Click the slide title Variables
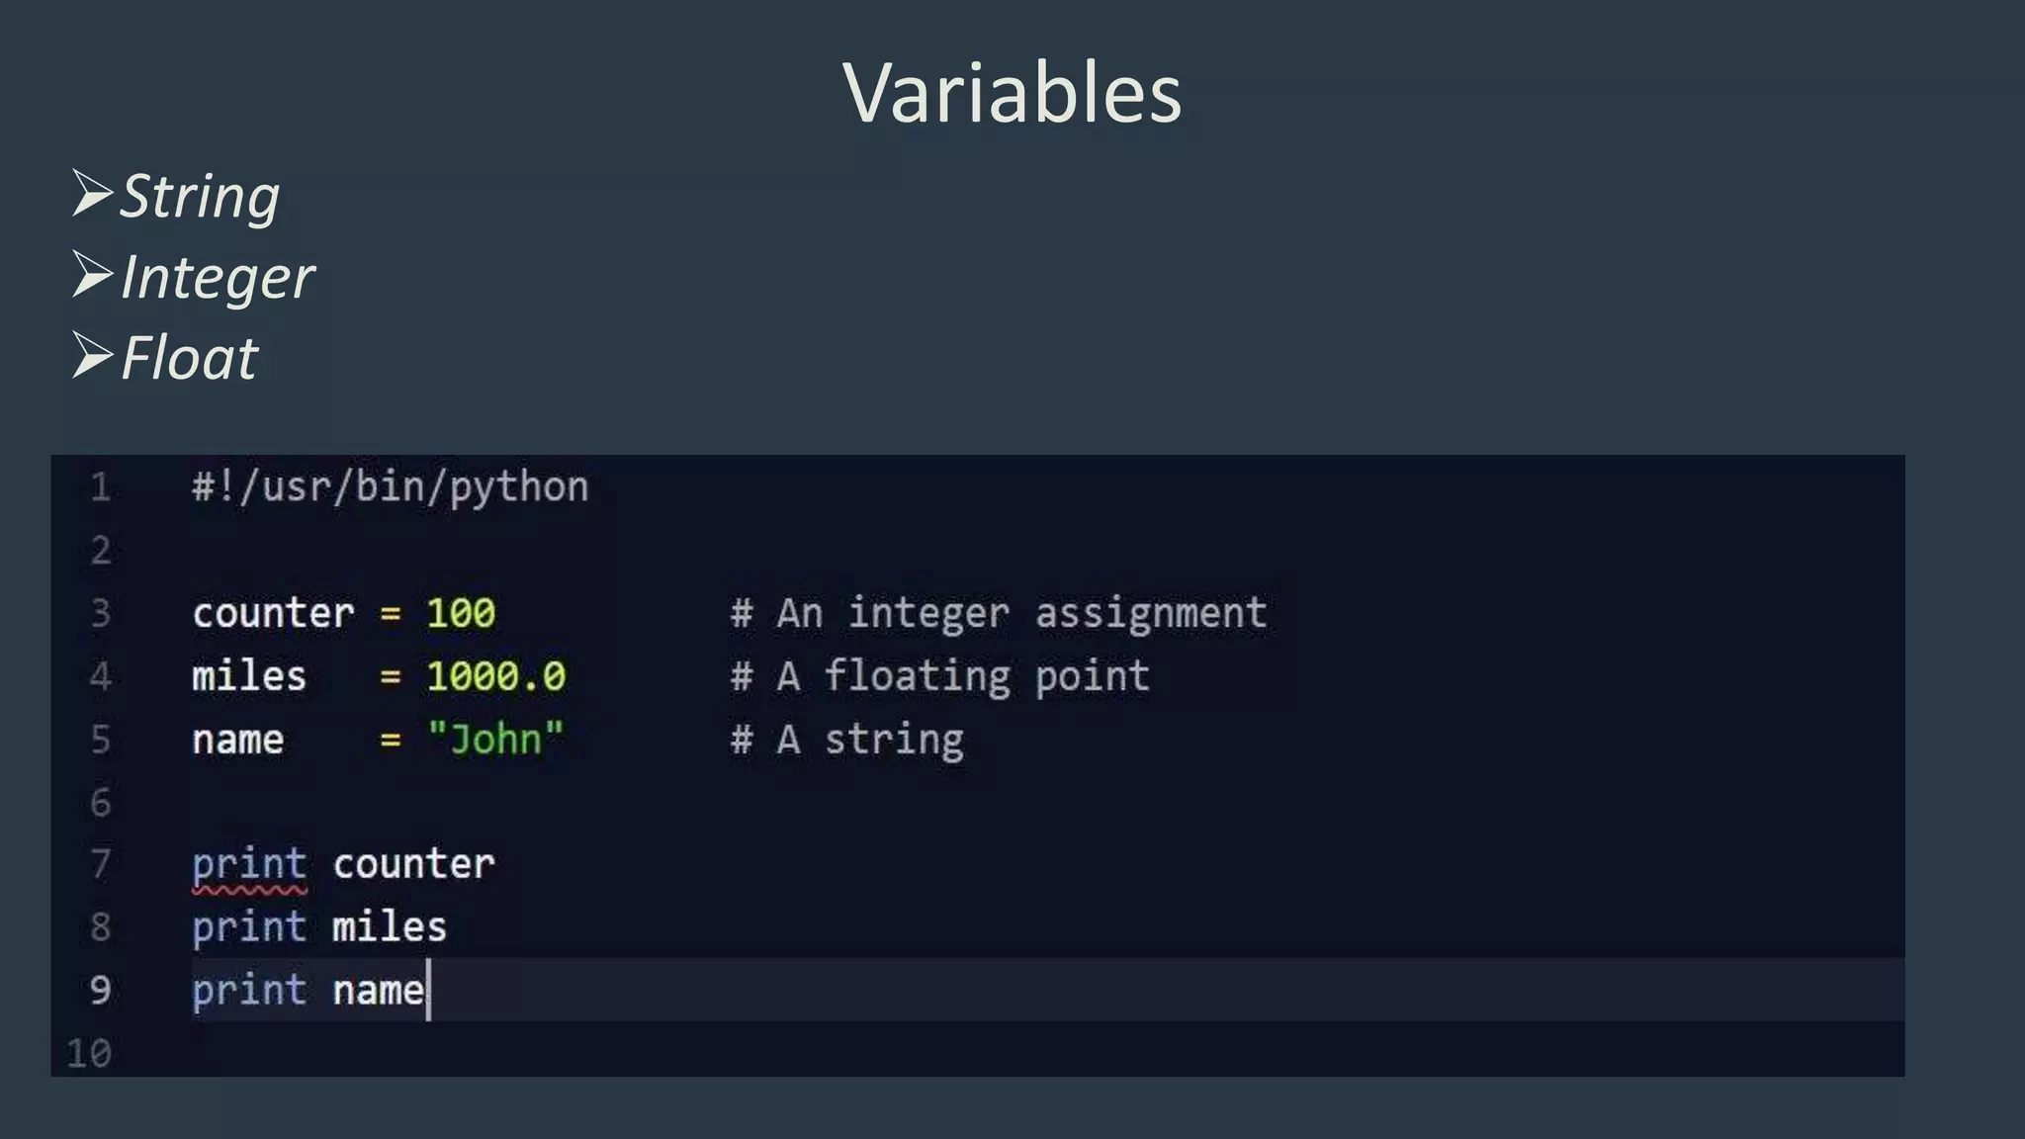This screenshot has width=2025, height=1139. click(1012, 93)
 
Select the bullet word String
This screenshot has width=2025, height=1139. click(200, 196)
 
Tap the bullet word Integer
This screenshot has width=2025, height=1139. click(218, 277)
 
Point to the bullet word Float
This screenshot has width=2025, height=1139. click(189, 358)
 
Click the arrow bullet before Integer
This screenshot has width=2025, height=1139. click(92, 275)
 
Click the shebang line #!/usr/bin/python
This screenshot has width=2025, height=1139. click(391, 487)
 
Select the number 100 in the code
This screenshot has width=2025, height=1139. click(461, 614)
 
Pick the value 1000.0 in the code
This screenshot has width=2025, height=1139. click(495, 677)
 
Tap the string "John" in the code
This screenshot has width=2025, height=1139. click(495, 740)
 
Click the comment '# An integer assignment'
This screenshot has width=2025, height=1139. click(999, 614)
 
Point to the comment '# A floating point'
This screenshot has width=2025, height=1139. click(939, 677)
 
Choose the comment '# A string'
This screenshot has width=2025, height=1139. click(847, 740)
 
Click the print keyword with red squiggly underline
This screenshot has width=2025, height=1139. click(249, 865)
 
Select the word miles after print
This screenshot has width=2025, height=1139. click(390, 928)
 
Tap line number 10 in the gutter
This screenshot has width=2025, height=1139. click(89, 1054)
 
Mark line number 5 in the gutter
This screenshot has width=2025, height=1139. click(100, 740)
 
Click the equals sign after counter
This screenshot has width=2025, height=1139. click(391, 614)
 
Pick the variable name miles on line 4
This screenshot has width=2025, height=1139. click(249, 677)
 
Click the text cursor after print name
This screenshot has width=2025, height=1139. click(428, 990)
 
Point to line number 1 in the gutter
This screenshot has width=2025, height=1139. click(100, 487)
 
